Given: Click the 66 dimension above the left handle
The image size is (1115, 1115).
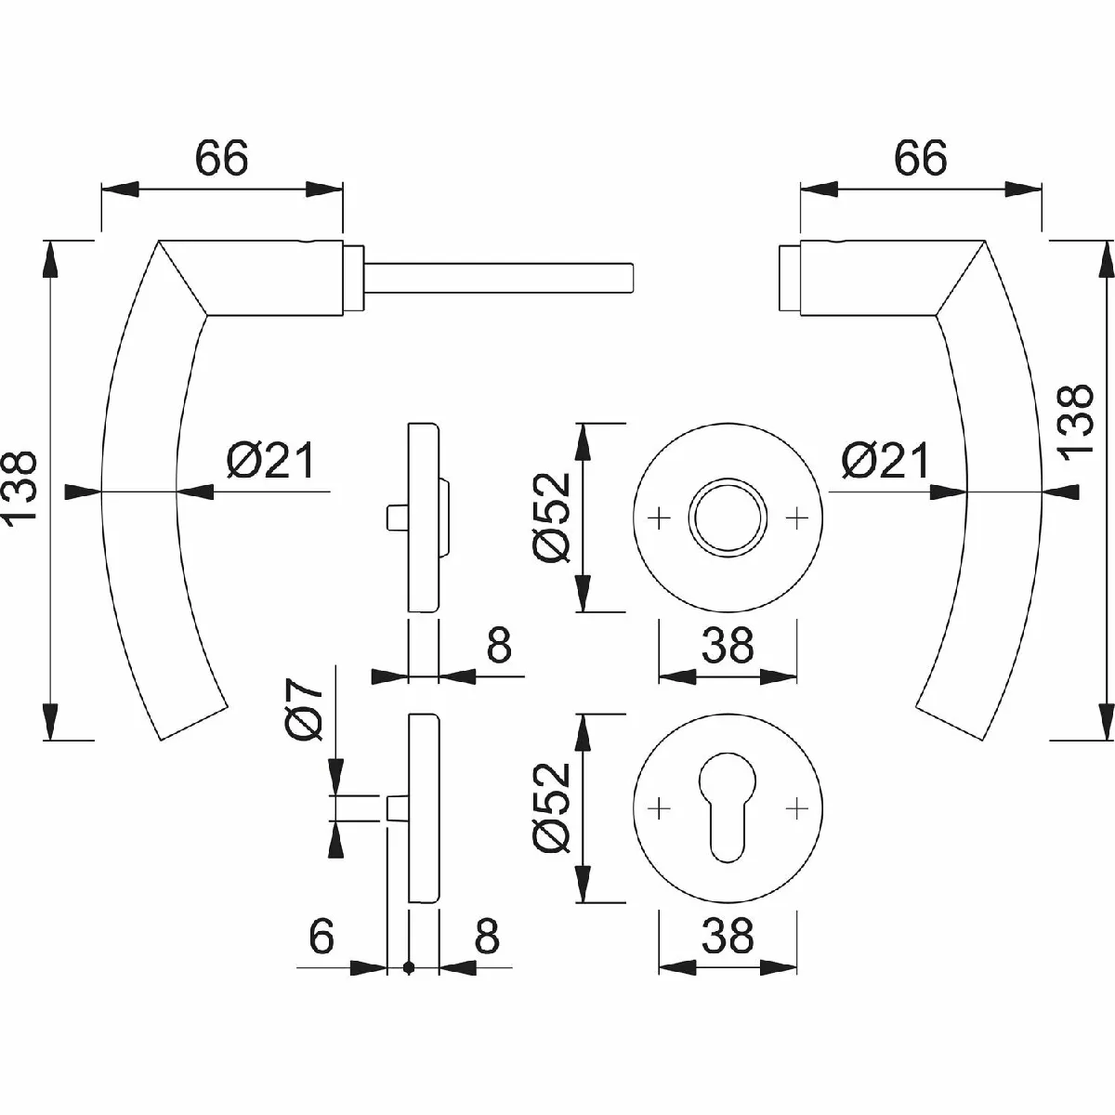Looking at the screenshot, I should pos(222,159).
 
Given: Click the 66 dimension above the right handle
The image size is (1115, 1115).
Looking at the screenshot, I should pos(920,159).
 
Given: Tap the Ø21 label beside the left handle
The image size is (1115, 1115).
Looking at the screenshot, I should pos(270,461).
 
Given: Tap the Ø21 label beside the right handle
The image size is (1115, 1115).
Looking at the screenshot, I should pos(885,461).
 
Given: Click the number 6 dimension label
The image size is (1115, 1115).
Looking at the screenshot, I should pos(321,937).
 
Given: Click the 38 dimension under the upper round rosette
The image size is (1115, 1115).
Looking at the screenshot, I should pos(728,646).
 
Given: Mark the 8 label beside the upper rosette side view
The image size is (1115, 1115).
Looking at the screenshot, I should pos(498,646).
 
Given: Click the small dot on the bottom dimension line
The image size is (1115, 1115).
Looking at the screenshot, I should pos(409,969).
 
